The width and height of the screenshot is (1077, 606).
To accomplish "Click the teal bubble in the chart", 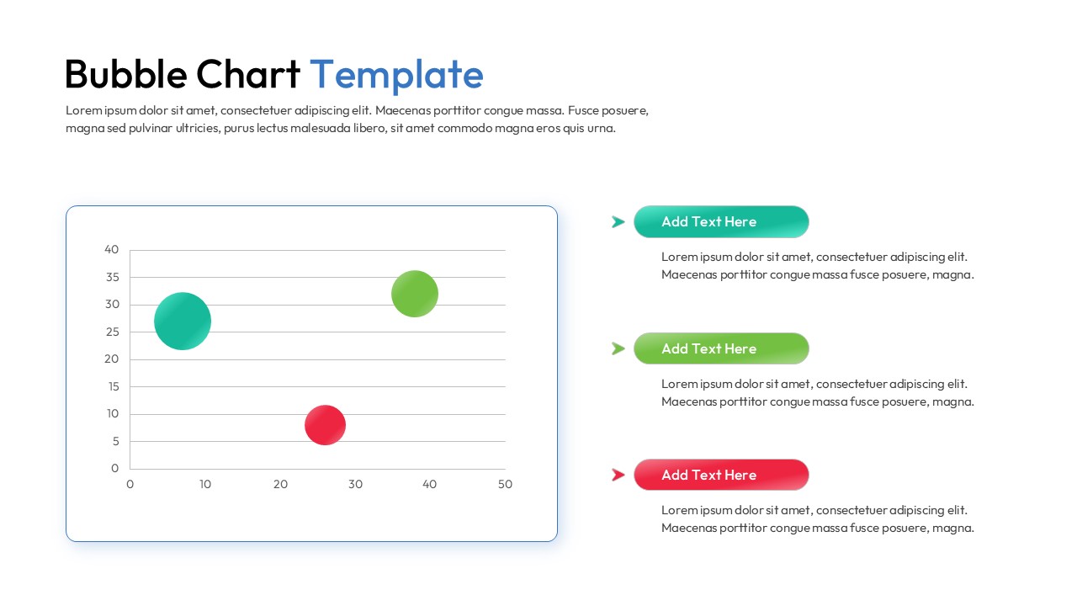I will (x=183, y=321).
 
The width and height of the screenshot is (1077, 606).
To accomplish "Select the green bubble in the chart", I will (x=415, y=294).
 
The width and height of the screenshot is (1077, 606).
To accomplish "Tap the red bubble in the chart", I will (x=325, y=425).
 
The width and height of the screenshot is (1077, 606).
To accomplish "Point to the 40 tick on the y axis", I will (x=112, y=249).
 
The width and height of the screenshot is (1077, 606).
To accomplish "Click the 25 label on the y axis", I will (x=112, y=332).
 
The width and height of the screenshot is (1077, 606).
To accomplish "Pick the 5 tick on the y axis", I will (x=115, y=441).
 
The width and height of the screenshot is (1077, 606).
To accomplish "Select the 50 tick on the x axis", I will (x=505, y=484).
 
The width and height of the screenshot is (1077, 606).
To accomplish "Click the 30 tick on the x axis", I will (x=355, y=484).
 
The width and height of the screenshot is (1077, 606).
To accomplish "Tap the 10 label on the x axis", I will (x=205, y=484).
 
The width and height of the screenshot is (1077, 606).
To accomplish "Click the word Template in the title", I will (x=396, y=74).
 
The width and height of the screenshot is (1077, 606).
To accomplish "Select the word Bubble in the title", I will (x=125, y=74).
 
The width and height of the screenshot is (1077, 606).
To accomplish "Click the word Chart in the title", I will (x=248, y=74).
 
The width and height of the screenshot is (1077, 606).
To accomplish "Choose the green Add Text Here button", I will (x=721, y=348).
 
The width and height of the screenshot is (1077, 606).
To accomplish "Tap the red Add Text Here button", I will (x=721, y=475).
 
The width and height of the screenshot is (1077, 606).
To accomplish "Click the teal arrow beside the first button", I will (x=618, y=222).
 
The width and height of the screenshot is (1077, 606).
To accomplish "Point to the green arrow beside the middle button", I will (x=618, y=348).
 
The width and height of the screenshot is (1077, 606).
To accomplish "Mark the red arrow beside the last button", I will (x=618, y=475).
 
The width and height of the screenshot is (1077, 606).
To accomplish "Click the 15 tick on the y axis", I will (x=112, y=386).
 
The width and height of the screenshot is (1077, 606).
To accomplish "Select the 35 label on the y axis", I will (x=112, y=277).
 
